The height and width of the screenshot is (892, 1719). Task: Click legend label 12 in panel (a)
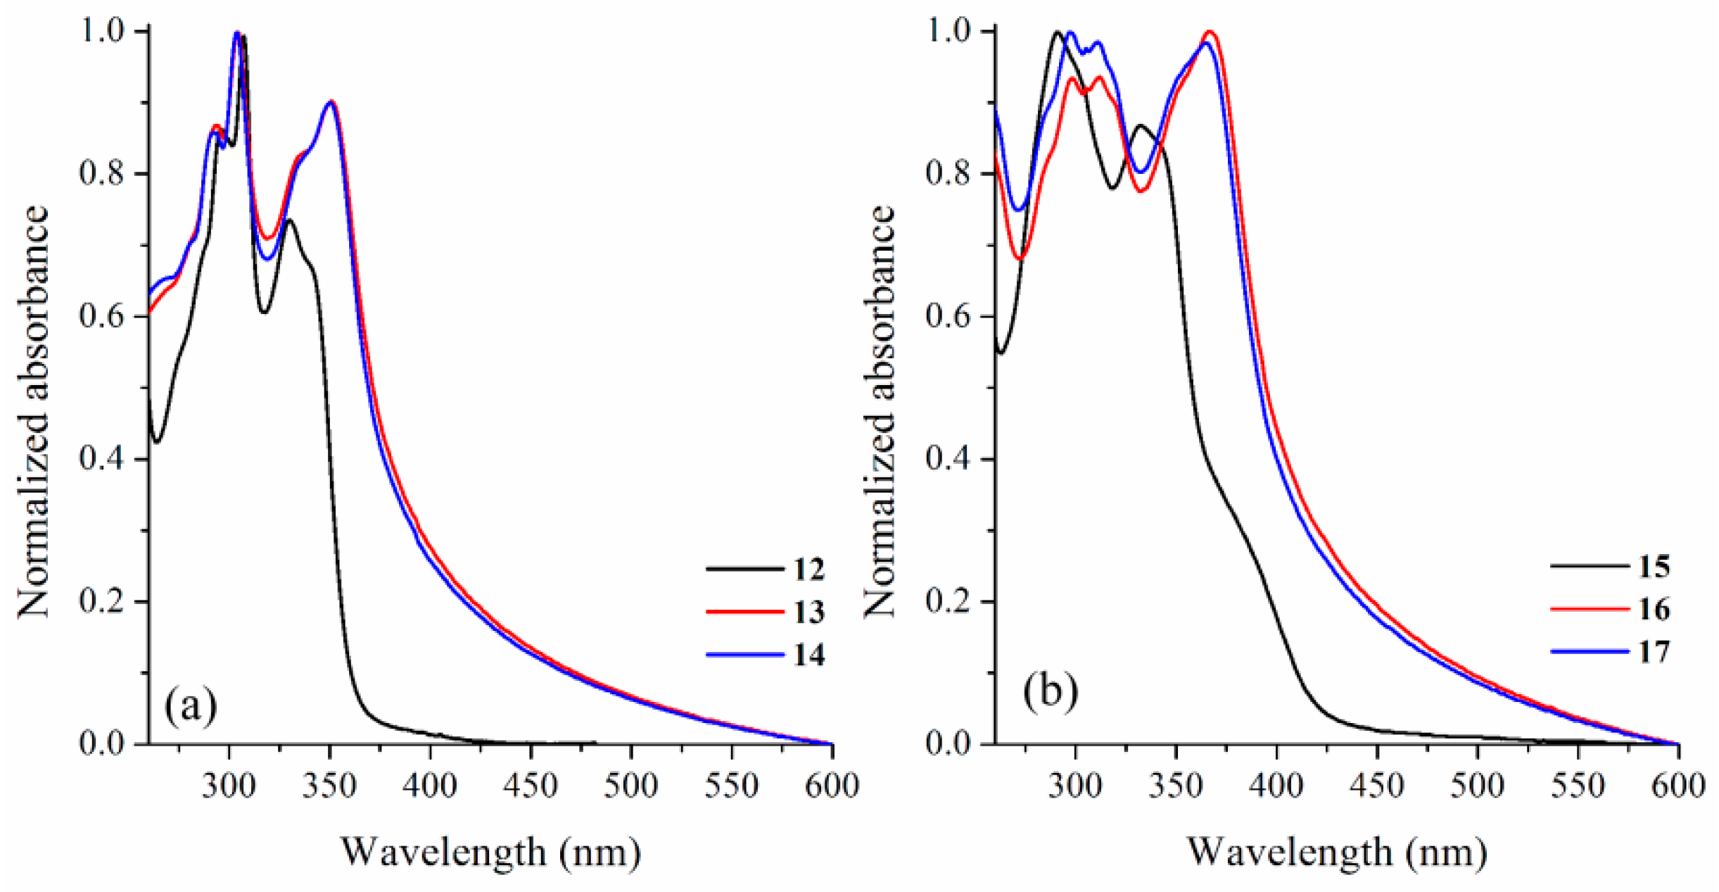pos(808,569)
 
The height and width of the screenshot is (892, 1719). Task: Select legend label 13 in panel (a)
pos(808,612)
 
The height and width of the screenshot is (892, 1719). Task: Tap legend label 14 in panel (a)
pos(808,655)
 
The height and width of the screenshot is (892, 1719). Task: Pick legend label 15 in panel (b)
pos(1654,566)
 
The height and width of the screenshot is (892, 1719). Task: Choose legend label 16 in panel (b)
pos(1654,609)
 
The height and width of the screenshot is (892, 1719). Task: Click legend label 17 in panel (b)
pos(1654,652)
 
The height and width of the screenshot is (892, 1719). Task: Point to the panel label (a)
pos(191,705)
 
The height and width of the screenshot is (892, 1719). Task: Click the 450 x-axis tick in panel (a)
pos(531,785)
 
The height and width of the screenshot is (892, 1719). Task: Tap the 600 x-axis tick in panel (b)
pos(1678,785)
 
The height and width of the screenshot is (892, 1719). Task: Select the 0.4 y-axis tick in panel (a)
pos(103,459)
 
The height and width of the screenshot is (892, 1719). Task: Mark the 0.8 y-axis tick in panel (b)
pos(949,174)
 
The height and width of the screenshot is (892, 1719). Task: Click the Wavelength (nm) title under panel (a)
pos(491,852)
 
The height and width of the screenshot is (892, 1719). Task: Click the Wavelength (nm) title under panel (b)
pos(1337,852)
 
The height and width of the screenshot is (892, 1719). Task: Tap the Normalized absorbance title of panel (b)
pos(880,412)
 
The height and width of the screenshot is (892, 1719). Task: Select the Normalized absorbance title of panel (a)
pos(34,412)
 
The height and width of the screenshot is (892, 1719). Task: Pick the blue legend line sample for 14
pos(744,655)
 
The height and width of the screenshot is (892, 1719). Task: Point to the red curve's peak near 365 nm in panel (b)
pos(1210,32)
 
